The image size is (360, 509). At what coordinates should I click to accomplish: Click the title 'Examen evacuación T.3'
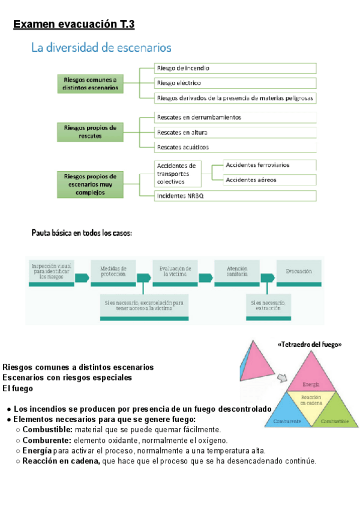click(x=74, y=25)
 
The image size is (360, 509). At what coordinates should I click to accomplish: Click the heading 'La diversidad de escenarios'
click(x=101, y=48)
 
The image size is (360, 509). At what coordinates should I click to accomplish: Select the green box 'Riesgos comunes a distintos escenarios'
click(x=90, y=83)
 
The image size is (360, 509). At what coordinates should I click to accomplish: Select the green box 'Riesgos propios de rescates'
click(x=90, y=132)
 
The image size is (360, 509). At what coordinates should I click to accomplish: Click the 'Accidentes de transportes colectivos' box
click(x=177, y=173)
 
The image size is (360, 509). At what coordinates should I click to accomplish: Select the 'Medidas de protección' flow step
click(x=114, y=272)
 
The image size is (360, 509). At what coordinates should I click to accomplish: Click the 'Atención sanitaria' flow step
click(x=237, y=272)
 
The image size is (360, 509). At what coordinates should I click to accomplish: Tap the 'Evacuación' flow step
click(x=299, y=272)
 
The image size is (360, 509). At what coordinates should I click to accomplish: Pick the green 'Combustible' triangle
click(x=333, y=414)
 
